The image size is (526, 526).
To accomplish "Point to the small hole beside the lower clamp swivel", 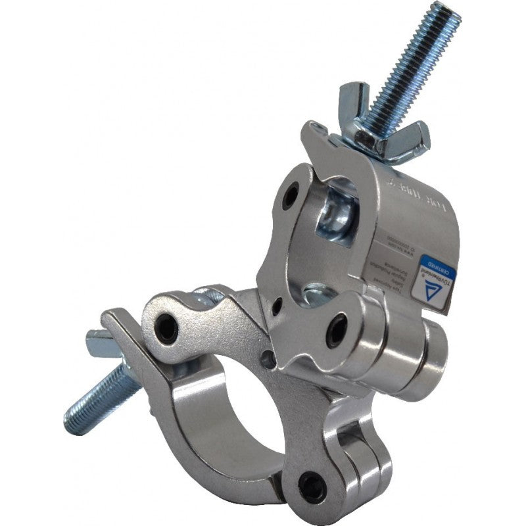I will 266,359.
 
